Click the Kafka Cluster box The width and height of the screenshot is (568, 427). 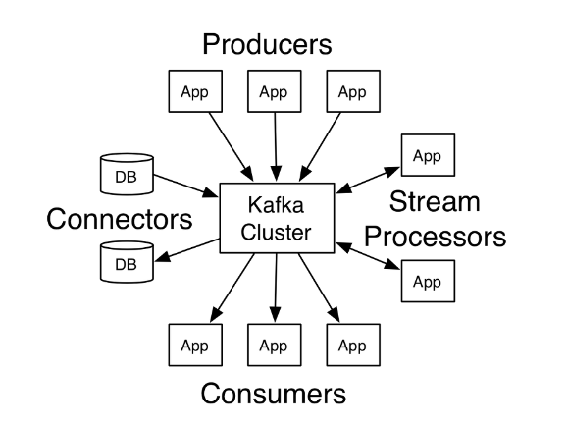click(277, 218)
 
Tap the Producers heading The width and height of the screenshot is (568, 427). click(267, 44)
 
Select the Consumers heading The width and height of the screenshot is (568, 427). click(274, 394)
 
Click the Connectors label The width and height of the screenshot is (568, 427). click(120, 219)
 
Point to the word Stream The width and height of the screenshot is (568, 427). click(435, 201)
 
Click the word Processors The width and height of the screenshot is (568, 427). click(435, 237)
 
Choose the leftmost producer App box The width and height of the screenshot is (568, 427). click(195, 91)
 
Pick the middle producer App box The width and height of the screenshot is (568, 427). click(275, 91)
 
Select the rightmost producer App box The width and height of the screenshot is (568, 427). click(353, 91)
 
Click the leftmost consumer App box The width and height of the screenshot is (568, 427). click(195, 345)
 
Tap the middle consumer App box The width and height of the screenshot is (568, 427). click(275, 345)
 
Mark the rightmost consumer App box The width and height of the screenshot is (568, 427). click(353, 345)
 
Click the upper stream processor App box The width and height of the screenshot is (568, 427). click(428, 155)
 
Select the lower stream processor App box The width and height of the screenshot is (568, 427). click(428, 281)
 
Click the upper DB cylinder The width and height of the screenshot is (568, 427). click(127, 174)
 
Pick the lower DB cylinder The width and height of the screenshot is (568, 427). click(127, 262)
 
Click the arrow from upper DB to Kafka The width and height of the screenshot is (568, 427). click(185, 186)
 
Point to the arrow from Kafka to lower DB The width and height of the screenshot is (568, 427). click(187, 249)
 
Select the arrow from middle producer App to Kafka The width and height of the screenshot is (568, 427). click(276, 146)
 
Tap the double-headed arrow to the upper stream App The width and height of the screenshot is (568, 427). click(368, 181)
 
